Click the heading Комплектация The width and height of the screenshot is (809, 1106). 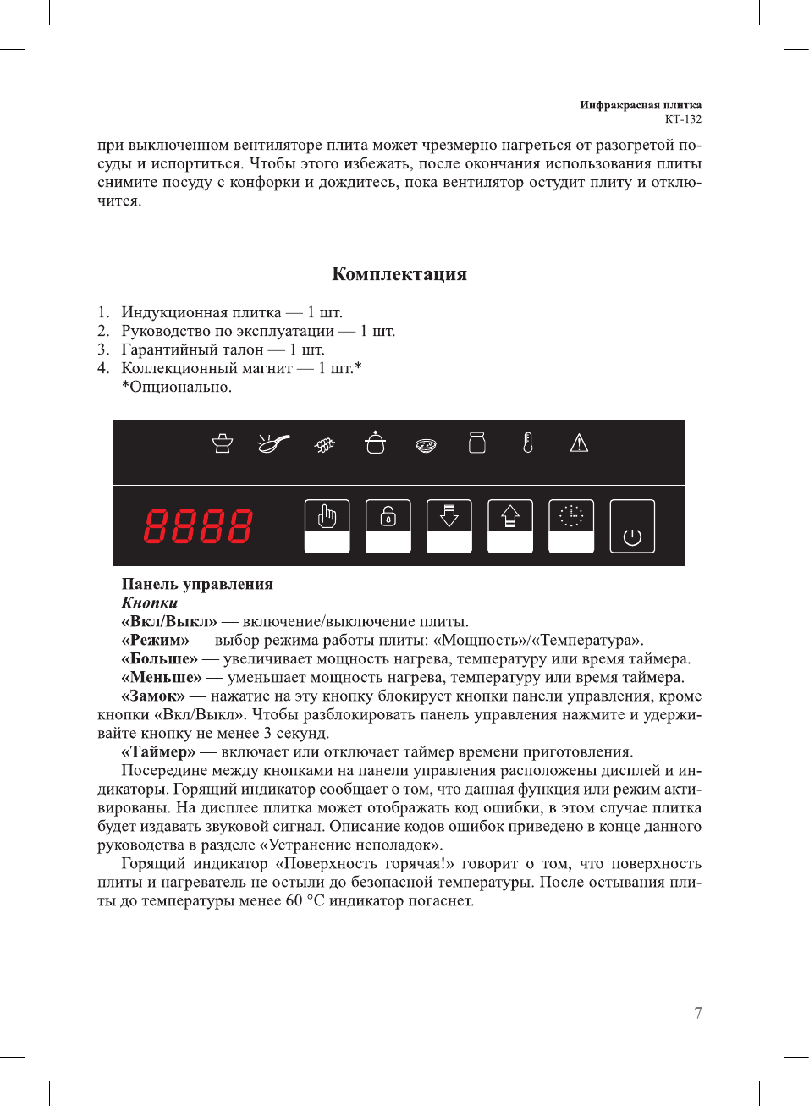coord(399,274)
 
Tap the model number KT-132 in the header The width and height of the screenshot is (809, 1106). coord(683,119)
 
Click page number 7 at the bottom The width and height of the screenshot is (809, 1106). coord(698,1013)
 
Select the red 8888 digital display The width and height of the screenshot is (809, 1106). coord(198,526)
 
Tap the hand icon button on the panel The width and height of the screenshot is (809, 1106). coord(327,525)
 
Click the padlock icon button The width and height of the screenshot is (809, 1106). coord(388,525)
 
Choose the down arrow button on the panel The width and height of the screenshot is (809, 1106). coord(449,525)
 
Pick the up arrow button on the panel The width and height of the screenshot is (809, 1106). coord(510,525)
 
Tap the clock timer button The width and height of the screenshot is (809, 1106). coord(571,525)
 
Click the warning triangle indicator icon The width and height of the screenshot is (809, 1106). coord(579,443)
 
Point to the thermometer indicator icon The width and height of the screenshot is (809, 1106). coord(528,443)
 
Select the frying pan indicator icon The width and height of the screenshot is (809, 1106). coord(272,443)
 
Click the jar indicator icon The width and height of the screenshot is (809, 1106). coord(477,443)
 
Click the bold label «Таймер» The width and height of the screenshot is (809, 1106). coord(158,752)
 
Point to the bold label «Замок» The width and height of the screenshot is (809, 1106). coord(153,696)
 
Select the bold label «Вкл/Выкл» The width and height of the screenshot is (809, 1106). coord(169,622)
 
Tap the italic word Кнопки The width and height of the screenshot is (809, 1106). coord(150,603)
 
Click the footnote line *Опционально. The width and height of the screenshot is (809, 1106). coord(176,388)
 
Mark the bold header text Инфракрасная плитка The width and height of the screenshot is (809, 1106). coord(641,105)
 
